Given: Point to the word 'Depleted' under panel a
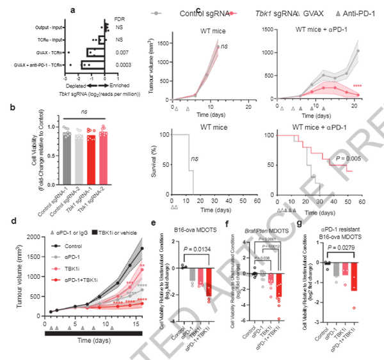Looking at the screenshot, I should point(76,85).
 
